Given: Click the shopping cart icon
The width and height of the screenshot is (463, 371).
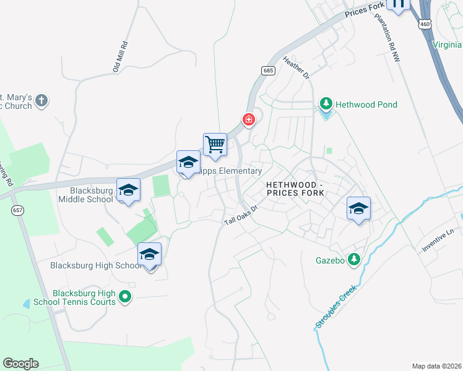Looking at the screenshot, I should click(x=215, y=145).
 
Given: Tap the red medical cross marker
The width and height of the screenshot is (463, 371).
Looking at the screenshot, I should click(x=249, y=119).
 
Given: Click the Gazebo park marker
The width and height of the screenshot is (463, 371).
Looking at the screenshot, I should click(x=354, y=260).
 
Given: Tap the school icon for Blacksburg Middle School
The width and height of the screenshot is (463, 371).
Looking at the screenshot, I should click(x=128, y=190).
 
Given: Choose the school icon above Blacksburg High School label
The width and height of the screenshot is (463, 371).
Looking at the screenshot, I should click(x=149, y=254).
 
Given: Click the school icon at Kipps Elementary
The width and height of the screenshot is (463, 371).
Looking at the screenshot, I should click(x=188, y=163).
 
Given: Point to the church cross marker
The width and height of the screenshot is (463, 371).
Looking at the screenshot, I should click(x=41, y=100).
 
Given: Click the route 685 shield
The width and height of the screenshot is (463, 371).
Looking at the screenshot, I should click(x=268, y=71).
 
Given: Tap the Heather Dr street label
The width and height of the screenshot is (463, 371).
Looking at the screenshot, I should click(x=295, y=67).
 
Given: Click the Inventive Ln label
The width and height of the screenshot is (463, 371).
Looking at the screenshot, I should click(x=438, y=241).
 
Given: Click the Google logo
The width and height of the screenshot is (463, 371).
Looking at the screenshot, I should click(x=20, y=364).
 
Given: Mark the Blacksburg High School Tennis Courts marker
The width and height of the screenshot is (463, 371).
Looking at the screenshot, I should click(x=125, y=297).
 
